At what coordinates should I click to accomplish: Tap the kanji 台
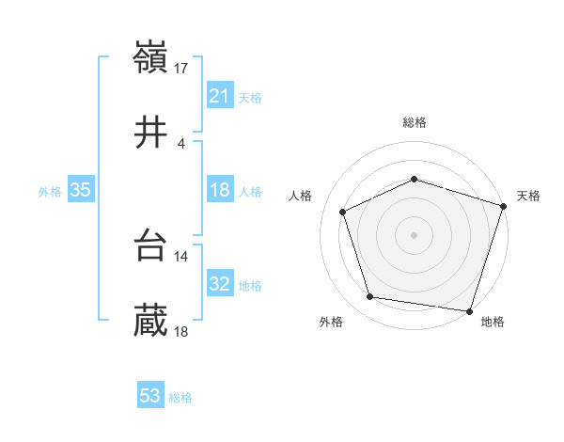[x=151, y=246]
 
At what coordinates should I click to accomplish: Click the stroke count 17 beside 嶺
[x=181, y=68]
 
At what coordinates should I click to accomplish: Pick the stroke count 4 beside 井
[x=181, y=144]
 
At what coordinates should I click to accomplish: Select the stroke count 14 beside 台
[x=181, y=256]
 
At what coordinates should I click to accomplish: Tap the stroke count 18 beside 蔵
[x=181, y=332]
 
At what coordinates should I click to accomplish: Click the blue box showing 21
[x=219, y=96]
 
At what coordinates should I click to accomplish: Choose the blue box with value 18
[x=219, y=191]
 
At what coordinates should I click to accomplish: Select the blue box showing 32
[x=219, y=285]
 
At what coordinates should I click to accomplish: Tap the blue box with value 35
[x=81, y=191]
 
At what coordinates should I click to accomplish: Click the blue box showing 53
[x=150, y=396]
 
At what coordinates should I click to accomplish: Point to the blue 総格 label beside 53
[x=180, y=398]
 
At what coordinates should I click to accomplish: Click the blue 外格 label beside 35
[x=50, y=192]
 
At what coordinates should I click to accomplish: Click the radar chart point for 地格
[x=470, y=311]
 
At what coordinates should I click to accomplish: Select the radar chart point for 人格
[x=343, y=212]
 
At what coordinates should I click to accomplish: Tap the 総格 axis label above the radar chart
[x=415, y=122]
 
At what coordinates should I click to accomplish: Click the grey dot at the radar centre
[x=415, y=234]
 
